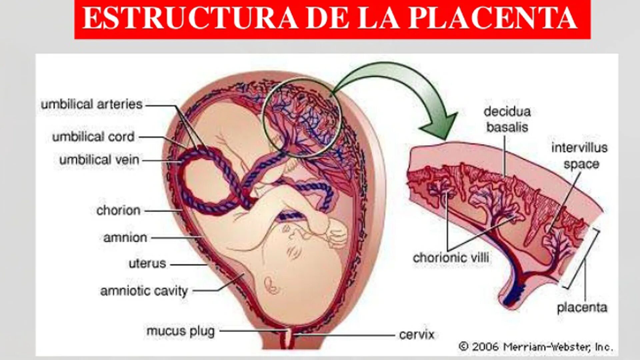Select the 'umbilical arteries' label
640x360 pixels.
pos(92,104)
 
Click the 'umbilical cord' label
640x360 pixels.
pos(93,137)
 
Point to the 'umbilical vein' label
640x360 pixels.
pos(99,160)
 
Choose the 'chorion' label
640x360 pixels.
pos(118,210)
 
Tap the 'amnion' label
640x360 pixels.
pos(125,238)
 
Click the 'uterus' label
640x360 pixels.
pos(147,264)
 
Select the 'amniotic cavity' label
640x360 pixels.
pos(144,291)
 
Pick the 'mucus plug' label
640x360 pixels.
pos(180,331)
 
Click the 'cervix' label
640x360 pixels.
pos(417,334)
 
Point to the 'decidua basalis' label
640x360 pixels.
pos(507,119)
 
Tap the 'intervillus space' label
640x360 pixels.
pos(580,156)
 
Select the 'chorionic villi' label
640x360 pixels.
pos(451,258)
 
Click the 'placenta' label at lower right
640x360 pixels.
pos(582,307)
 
